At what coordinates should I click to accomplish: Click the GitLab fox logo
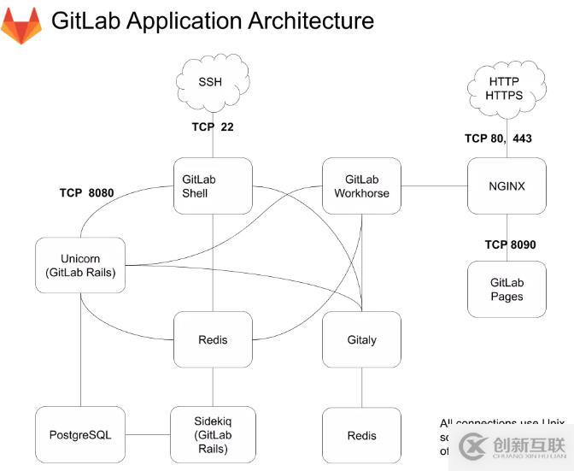coord(20,26)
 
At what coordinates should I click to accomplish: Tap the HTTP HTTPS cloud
coord(504,89)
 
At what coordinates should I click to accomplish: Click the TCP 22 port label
coord(213,127)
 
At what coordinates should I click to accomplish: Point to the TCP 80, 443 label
coord(498,138)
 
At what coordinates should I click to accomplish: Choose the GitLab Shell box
coord(213,185)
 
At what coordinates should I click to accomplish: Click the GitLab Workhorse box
coord(361,185)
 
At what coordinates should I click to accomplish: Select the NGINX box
coord(507,185)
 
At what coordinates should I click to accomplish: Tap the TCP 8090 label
coord(510,244)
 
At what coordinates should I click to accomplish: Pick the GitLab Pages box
coord(507,290)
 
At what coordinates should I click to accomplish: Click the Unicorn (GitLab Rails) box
coord(80,266)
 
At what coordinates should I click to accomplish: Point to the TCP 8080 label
coord(86,192)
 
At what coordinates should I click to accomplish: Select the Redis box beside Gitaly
coord(213,339)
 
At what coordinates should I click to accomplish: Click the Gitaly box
coord(361,339)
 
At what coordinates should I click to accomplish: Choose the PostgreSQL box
coord(79,435)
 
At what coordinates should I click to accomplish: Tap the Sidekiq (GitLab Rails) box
coord(213,435)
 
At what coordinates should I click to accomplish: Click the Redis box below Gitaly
coord(361,435)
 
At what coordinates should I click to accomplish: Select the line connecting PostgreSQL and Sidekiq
coord(147,435)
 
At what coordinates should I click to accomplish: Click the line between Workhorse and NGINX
coord(434,185)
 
